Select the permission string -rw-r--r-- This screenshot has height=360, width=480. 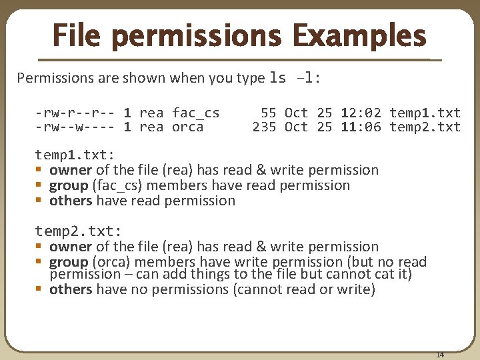(75, 113)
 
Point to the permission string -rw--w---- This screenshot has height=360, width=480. (75, 127)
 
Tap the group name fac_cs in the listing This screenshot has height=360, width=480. (195, 113)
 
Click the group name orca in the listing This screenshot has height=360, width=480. (187, 127)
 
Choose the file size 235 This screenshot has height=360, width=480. (264, 127)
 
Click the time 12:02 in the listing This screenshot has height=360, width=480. (361, 113)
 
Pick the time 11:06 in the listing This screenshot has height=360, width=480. (361, 127)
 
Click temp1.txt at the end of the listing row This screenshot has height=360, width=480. (425, 113)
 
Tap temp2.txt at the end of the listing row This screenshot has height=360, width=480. (425, 127)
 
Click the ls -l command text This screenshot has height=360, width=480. (295, 78)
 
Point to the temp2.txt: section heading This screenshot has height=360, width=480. (79, 231)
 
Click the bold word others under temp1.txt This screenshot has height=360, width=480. (71, 201)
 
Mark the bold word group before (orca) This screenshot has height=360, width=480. (69, 262)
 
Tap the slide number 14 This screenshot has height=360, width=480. (440, 354)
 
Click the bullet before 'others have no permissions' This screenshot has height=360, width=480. (40, 289)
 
